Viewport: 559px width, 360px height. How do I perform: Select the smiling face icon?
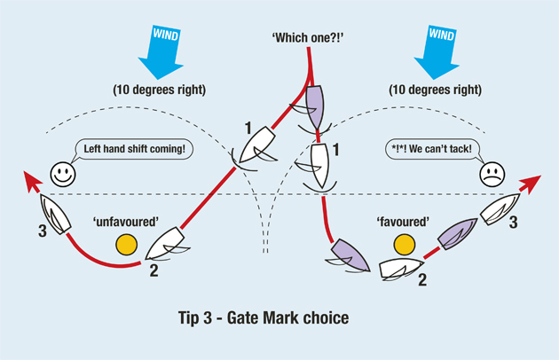59,168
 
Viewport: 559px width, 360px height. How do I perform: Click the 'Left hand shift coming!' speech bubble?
133,149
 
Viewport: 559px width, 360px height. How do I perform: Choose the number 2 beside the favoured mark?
422,281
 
